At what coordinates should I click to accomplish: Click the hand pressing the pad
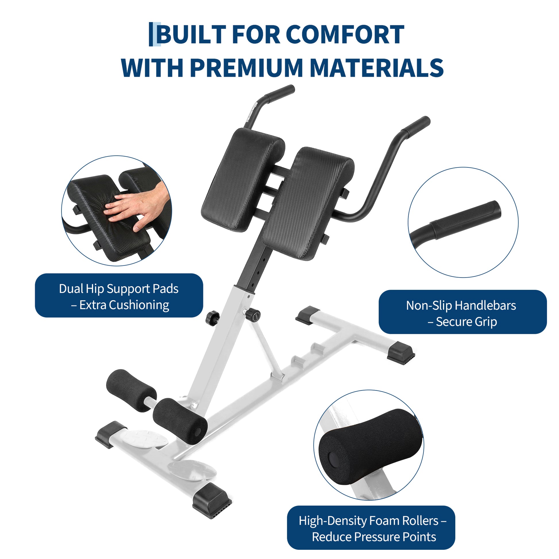click(137, 207)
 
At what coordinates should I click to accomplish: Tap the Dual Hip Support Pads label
click(119, 295)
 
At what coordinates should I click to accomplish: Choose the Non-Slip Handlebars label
click(462, 312)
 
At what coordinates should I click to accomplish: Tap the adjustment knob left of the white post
click(213, 318)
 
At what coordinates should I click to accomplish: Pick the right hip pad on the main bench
click(308, 203)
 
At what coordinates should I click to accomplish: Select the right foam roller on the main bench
click(180, 421)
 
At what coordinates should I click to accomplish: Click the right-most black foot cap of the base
click(401, 352)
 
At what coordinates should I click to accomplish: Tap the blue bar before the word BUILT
click(155, 34)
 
